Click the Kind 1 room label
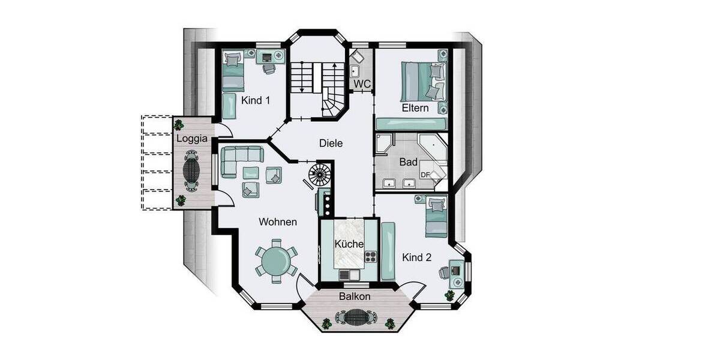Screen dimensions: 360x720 (256, 100)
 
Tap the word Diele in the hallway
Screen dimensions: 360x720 (331, 143)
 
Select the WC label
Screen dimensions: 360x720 (362, 85)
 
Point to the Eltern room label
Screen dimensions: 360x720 (415, 108)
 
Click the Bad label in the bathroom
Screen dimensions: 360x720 (408, 162)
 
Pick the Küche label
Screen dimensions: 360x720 (349, 244)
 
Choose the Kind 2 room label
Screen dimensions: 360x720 (417, 258)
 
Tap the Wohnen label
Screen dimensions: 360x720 (278, 222)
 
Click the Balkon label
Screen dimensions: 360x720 (354, 296)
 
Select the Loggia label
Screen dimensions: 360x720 (192, 139)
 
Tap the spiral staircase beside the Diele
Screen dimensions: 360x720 (319, 175)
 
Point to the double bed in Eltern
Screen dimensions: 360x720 (424, 82)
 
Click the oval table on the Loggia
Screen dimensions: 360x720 (192, 170)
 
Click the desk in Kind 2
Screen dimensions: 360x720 (457, 269)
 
